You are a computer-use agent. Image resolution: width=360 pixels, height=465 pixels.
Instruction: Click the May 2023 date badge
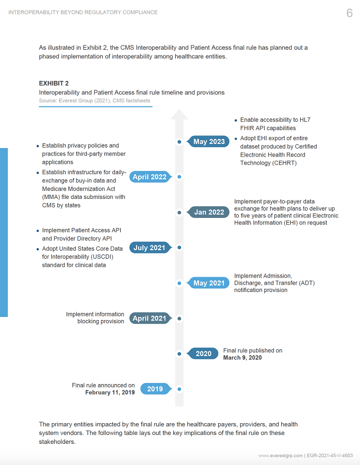tap(208, 141)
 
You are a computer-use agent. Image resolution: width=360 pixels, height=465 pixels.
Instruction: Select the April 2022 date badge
tap(150, 177)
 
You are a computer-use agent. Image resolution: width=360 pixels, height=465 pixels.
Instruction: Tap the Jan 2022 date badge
tap(208, 212)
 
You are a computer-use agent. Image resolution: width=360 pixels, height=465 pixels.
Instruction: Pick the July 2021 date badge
tap(150, 248)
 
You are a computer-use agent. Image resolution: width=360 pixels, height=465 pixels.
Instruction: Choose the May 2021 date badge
tap(208, 283)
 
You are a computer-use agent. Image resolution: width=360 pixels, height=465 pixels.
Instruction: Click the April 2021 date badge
tap(150, 318)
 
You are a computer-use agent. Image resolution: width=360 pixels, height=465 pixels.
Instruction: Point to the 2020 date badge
tap(202, 353)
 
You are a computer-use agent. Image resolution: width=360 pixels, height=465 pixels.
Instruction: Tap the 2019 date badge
tap(156, 389)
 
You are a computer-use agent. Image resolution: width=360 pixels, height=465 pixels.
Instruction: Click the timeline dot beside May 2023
tap(179, 142)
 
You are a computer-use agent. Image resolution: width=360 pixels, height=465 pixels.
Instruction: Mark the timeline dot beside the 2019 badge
tap(179, 389)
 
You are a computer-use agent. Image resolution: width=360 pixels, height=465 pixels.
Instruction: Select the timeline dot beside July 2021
tap(179, 248)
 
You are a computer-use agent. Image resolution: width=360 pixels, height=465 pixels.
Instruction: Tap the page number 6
tap(349, 13)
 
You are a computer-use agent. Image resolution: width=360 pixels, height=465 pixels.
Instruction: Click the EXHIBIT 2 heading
tap(53, 84)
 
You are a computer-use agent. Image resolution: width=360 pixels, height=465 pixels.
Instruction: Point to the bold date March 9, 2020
tap(242, 358)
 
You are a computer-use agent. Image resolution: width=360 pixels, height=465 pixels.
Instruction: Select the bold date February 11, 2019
tap(110, 393)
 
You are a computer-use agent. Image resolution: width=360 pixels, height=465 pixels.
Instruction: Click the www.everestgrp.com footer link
tap(281, 455)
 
